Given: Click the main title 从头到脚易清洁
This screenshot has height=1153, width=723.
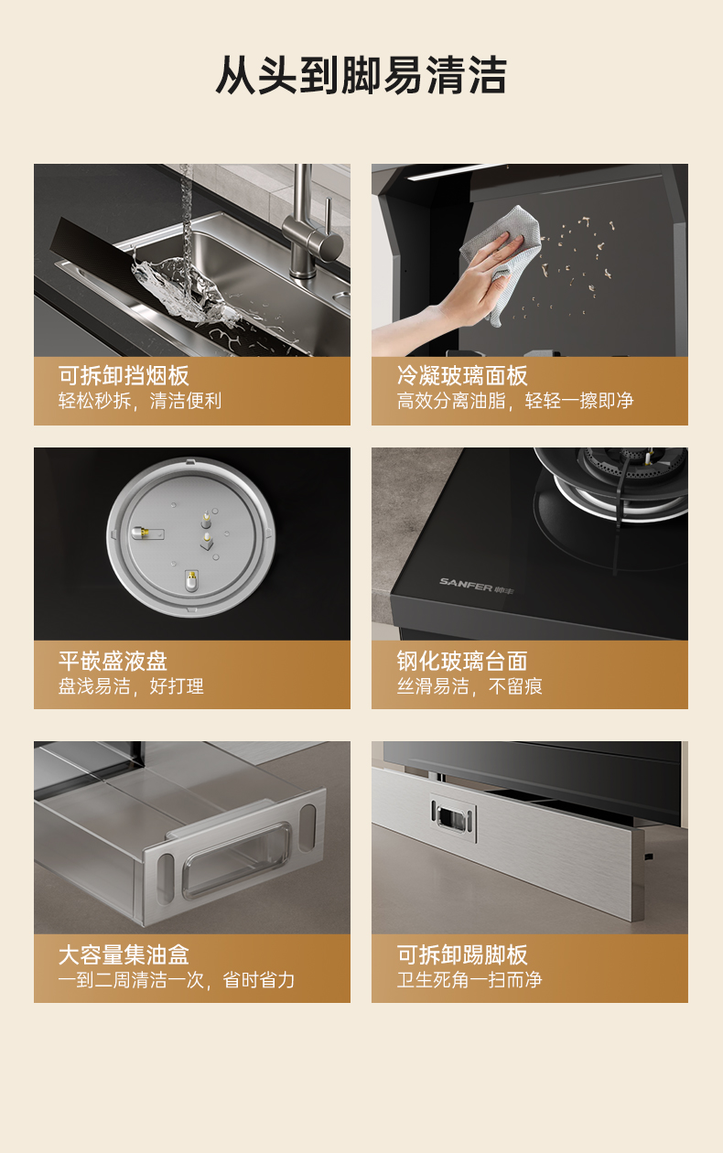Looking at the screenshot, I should pyautogui.click(x=361, y=75).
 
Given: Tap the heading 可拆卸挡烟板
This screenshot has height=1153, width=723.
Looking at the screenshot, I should pyautogui.click(x=124, y=376).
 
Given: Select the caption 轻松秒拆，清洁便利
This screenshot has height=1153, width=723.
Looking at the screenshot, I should pyautogui.click(x=140, y=401).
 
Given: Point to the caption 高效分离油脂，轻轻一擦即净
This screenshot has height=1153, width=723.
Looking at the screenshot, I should pyautogui.click(x=515, y=401).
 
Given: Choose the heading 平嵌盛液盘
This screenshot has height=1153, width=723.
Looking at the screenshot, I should pyautogui.click(x=113, y=661).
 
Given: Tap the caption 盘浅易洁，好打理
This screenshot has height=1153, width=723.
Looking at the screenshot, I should pyautogui.click(x=131, y=685).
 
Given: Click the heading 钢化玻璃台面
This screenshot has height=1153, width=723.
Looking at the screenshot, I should pyautogui.click(x=462, y=661).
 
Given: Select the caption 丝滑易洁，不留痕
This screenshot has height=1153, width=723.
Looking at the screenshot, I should pyautogui.click(x=469, y=685).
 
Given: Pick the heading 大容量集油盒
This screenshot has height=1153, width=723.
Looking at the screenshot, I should pyautogui.click(x=124, y=955).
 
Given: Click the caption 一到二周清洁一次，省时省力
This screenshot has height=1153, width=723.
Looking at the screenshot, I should pyautogui.click(x=177, y=980).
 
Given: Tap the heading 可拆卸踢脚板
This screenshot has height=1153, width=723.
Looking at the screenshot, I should pyautogui.click(x=462, y=955).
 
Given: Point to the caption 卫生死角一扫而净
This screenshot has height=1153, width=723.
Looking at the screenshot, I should pyautogui.click(x=469, y=980).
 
